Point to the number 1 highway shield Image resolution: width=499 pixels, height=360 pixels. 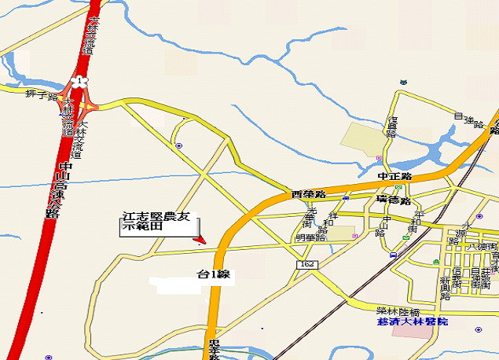click(79, 80)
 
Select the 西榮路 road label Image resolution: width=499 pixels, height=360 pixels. click(307, 193)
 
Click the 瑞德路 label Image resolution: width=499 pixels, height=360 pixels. click(394, 200)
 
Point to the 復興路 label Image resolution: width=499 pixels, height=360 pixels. click(391, 127)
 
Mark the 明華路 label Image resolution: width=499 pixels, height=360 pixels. click(310, 237)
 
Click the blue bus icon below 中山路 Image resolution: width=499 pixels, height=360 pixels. click(393, 255)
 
